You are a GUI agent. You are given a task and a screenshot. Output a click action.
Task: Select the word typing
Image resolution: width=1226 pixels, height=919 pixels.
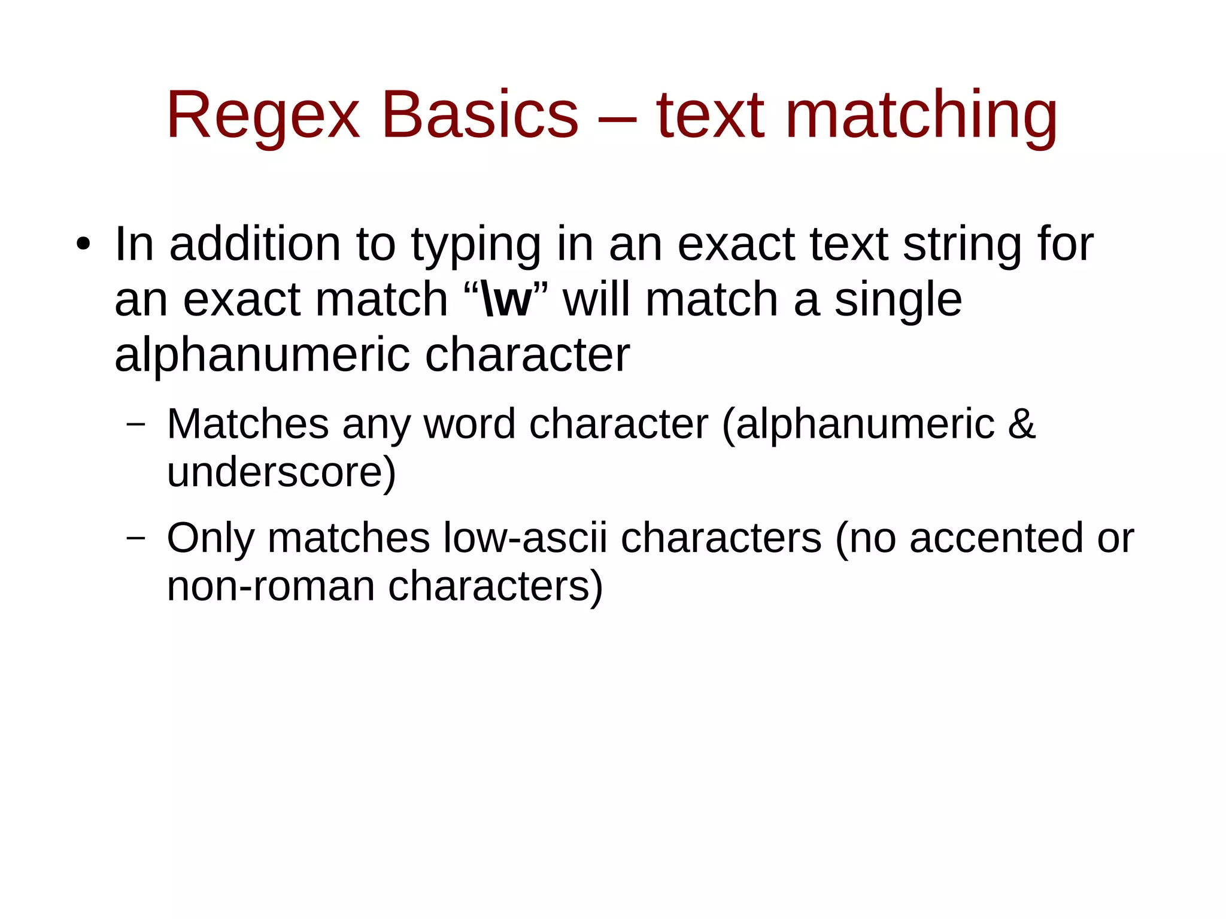pos(476,245)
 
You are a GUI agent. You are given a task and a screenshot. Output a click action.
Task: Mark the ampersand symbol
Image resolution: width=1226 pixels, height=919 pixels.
pos(1021,424)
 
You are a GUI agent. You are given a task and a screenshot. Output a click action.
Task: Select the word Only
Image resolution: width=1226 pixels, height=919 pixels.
pos(211,538)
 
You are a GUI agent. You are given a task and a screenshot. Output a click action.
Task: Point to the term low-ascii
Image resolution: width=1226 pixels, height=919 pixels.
pos(525,538)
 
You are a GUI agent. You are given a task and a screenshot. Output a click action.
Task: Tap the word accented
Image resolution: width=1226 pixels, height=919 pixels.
pos(996,538)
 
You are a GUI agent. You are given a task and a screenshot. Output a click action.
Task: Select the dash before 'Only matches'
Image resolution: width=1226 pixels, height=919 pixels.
pos(136,538)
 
